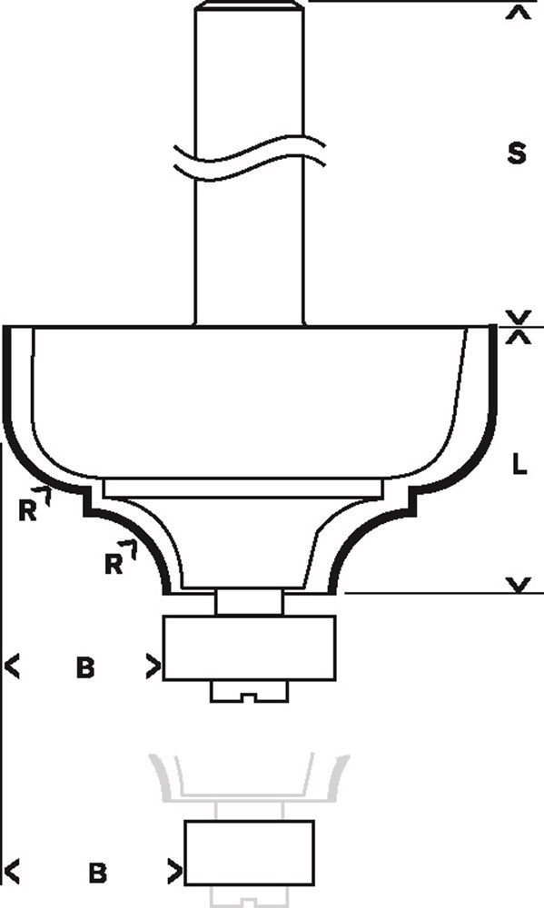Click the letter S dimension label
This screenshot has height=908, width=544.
[x=516, y=154]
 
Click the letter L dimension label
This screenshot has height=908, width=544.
[x=519, y=464]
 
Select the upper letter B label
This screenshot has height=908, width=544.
[x=85, y=668]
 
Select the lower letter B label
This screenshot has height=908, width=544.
[x=98, y=873]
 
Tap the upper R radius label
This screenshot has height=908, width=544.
[x=28, y=510]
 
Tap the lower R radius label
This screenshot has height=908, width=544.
[x=114, y=564]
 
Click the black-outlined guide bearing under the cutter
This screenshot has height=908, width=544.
[x=249, y=647]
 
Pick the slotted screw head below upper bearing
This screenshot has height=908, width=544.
[x=249, y=691]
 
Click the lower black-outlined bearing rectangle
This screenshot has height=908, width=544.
[x=249, y=853]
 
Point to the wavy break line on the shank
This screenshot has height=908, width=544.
[x=249, y=157]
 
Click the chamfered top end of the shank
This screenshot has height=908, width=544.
[x=249, y=5]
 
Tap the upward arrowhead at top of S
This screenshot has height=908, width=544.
[x=519, y=13]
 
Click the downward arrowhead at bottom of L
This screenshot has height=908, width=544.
[x=520, y=585]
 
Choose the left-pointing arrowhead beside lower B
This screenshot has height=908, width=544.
[x=12, y=872]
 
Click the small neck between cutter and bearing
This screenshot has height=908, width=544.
[x=249, y=602]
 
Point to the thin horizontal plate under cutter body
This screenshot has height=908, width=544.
[x=242, y=488]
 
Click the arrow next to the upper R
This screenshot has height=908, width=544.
[x=45, y=497]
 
